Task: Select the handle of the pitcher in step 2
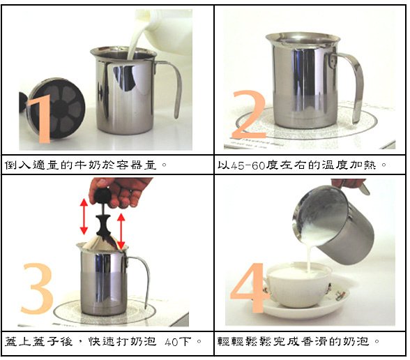(x=355, y=84)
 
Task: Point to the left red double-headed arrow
(x=84, y=217)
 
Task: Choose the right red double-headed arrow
(x=122, y=231)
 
